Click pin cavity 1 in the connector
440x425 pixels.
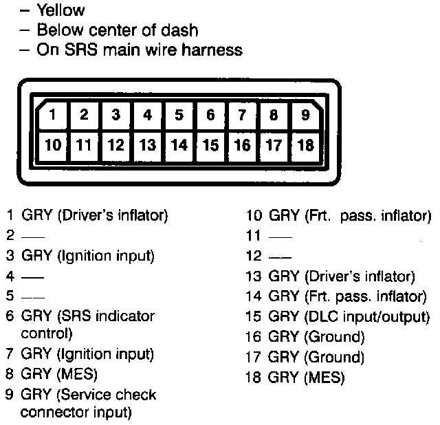coord(54,116)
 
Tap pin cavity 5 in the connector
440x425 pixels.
coord(179,116)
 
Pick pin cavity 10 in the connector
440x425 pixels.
coord(52,145)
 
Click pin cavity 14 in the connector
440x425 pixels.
coord(179,145)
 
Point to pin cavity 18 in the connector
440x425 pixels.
coord(305,145)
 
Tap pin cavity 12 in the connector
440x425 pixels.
coord(116,145)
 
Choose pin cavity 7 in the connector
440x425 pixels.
coord(243,116)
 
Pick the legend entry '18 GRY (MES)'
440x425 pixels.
coord(295,378)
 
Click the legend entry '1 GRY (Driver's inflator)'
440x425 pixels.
coord(87,216)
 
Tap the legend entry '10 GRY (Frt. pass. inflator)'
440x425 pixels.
coord(338,216)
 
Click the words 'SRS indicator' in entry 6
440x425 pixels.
coord(111,316)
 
